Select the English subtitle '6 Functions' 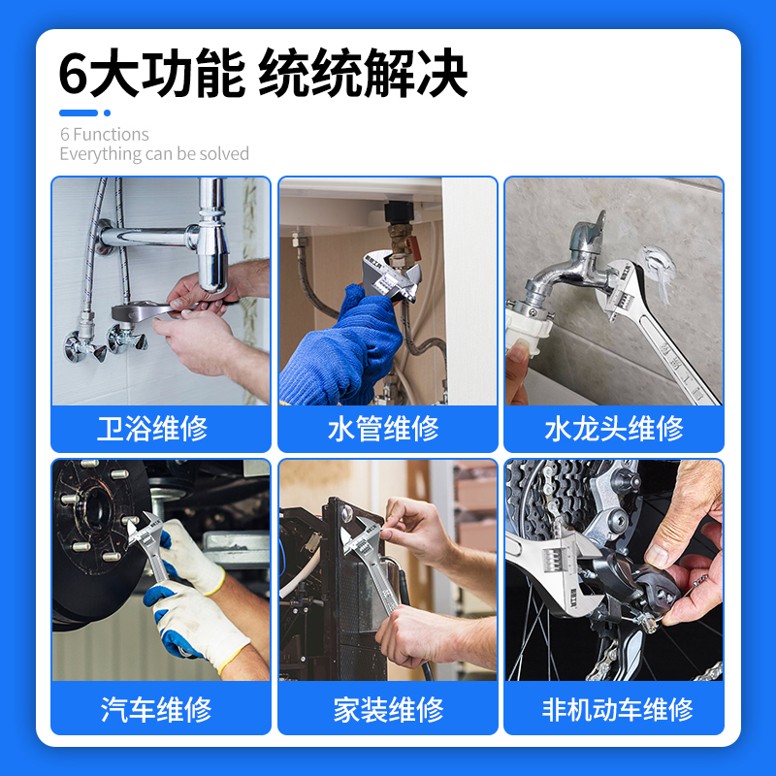point(105,134)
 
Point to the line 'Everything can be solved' point(154,154)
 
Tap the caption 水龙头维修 point(613,428)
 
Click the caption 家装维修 point(388,709)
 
